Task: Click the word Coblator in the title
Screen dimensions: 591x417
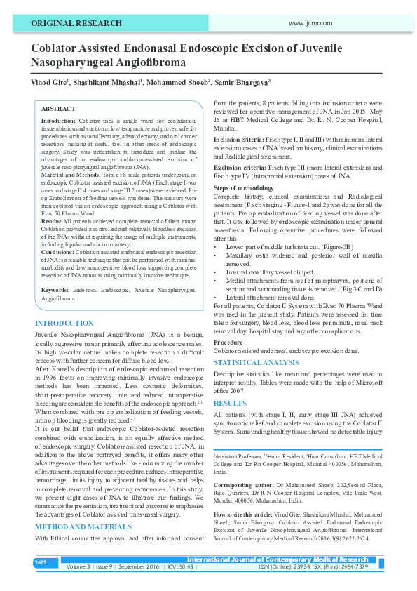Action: pos(59,48)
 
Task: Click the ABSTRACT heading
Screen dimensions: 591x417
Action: pos(58,109)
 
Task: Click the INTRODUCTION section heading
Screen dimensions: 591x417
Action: pos(64,324)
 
